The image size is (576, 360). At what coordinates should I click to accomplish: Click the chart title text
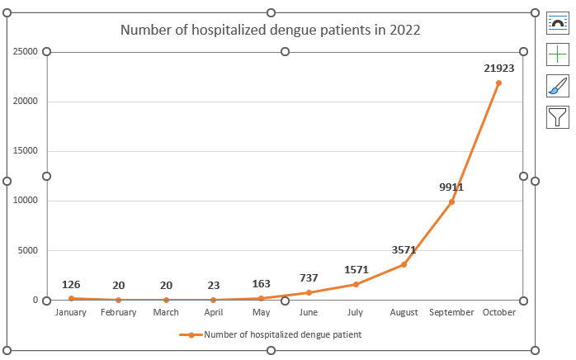271,30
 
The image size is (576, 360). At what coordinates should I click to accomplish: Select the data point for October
498,83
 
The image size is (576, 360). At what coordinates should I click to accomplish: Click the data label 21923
498,69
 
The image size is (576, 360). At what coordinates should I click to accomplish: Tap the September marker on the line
451,201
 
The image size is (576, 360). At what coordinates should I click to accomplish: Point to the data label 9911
451,187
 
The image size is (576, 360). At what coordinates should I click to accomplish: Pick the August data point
404,264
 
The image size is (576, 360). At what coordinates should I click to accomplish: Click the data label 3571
404,249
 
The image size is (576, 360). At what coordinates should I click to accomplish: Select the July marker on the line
356,284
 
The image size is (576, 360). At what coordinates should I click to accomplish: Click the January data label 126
71,285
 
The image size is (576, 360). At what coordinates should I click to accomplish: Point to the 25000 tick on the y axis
26,51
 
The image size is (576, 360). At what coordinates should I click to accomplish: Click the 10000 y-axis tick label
26,201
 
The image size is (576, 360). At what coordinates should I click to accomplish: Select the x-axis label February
118,313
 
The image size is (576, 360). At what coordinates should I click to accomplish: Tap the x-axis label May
261,313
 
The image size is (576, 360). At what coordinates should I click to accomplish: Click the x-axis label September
451,313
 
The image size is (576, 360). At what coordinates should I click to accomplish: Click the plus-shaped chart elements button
558,54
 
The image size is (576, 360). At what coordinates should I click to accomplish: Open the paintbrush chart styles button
558,86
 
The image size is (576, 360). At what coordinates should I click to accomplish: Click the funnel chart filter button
558,117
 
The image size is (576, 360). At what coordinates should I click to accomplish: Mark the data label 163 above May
261,283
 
